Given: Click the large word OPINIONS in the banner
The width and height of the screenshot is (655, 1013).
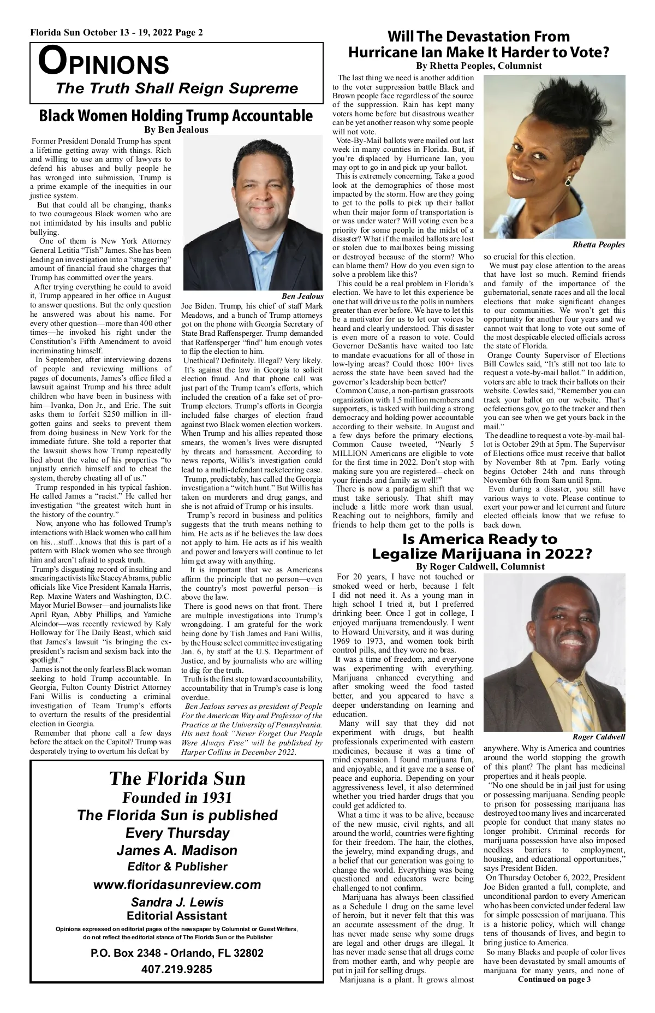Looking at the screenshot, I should tap(104, 62).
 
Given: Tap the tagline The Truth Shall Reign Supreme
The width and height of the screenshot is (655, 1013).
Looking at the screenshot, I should tap(177, 88).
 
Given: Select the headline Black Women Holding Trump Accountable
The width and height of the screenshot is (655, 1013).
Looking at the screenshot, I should tap(176, 116).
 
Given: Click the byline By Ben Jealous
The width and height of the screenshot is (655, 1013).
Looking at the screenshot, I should tap(176, 130).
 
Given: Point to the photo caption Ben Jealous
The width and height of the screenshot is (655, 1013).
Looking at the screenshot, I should tap(302, 295).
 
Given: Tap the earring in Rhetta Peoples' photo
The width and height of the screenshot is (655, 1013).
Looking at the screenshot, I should tap(568, 180).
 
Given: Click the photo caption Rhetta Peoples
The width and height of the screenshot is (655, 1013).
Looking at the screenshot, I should tap(599, 245).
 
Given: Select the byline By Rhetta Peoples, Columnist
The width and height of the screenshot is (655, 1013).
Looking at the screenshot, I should tap(479, 66).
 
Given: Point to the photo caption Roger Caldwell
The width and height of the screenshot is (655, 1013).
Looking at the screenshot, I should tap(599, 737).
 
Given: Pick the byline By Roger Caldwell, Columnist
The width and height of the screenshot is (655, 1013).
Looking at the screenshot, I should tap(480, 566).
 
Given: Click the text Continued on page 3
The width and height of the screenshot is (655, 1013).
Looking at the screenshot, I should tap(554, 994).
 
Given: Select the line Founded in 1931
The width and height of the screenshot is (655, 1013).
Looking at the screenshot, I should tap(177, 798).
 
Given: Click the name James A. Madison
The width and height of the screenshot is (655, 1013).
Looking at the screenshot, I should tap(177, 850).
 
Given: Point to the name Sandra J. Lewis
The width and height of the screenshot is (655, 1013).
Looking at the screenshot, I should tap(177, 902).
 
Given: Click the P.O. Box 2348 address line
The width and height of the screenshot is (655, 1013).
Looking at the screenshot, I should tap(177, 953).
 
